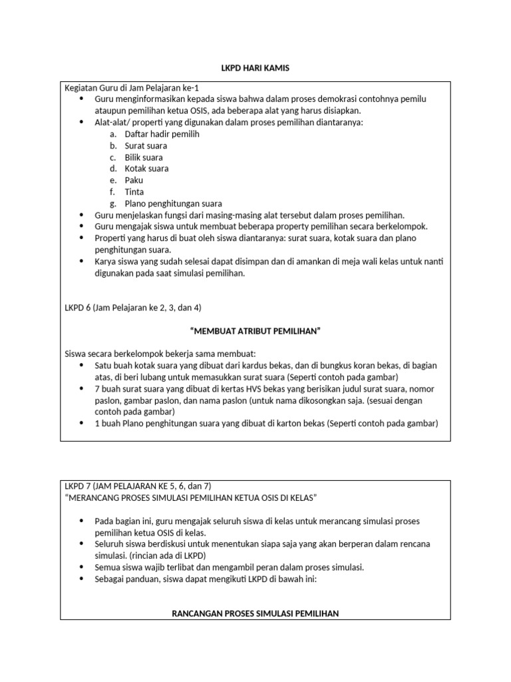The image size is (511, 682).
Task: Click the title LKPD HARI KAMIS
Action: coord(255,69)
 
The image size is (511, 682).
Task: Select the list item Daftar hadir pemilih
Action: coord(162,134)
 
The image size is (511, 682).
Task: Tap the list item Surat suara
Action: coord(146,145)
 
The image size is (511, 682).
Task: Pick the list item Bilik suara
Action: coord(144,157)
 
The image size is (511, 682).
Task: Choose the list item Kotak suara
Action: coord(146,169)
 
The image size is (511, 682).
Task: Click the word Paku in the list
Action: coord(134,180)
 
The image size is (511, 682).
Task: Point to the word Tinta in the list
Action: coord(134,192)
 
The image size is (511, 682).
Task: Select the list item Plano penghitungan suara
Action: coord(173,203)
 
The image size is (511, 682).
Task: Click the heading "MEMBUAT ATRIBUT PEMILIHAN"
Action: coord(255,330)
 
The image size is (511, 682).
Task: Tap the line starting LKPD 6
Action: coord(132,308)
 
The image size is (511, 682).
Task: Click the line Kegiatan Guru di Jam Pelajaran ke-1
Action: coord(131,87)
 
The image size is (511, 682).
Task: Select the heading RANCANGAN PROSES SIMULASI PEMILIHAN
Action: coord(255,613)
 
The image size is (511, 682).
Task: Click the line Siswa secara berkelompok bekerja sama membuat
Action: coord(160,354)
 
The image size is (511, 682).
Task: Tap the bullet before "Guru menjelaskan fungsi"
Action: coord(81,215)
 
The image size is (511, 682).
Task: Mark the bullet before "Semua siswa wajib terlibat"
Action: coord(81,567)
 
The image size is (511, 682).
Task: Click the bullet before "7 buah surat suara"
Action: coord(81,389)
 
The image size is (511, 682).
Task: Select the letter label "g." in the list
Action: coord(113,203)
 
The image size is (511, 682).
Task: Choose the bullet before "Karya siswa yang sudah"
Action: coord(81,262)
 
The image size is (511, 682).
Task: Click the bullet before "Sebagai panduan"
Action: coord(81,579)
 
